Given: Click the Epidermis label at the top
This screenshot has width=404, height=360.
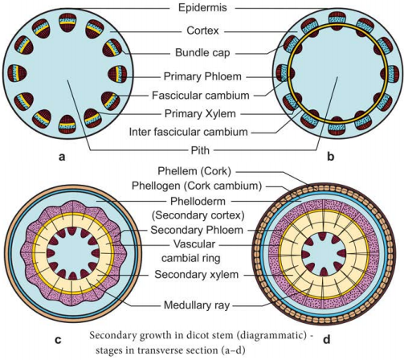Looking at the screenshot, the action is (202, 8).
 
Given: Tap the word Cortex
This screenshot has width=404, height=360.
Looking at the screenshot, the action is (202, 31).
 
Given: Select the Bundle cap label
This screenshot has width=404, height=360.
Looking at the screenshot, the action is (202, 53).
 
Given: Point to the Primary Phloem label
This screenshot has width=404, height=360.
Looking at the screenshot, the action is (202, 76).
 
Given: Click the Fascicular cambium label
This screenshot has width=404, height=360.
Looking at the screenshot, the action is (201, 96).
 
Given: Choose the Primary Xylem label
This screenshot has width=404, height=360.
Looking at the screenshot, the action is (200, 113).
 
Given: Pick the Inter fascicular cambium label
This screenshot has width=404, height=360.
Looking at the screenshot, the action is (188, 132).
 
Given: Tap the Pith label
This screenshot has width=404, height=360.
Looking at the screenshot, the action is (200, 150).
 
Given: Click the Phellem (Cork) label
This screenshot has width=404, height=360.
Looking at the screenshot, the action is (194, 171).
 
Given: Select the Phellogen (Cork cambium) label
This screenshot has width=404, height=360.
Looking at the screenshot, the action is (197, 186).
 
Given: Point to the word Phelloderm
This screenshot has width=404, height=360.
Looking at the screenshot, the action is (198, 201).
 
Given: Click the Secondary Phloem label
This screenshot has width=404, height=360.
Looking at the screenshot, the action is (197, 230).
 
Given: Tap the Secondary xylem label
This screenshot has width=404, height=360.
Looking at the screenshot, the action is (196, 275).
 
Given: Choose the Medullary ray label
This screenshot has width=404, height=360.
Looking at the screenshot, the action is (197, 305).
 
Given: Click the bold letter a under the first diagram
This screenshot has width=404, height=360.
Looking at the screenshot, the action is (62, 157).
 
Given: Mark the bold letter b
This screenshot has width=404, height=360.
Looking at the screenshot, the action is (331, 156).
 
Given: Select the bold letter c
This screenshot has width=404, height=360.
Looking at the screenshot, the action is (58, 340).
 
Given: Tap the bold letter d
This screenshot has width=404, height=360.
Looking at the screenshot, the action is (327, 339).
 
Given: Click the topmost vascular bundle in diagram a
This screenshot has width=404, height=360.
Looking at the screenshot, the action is (67, 22).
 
